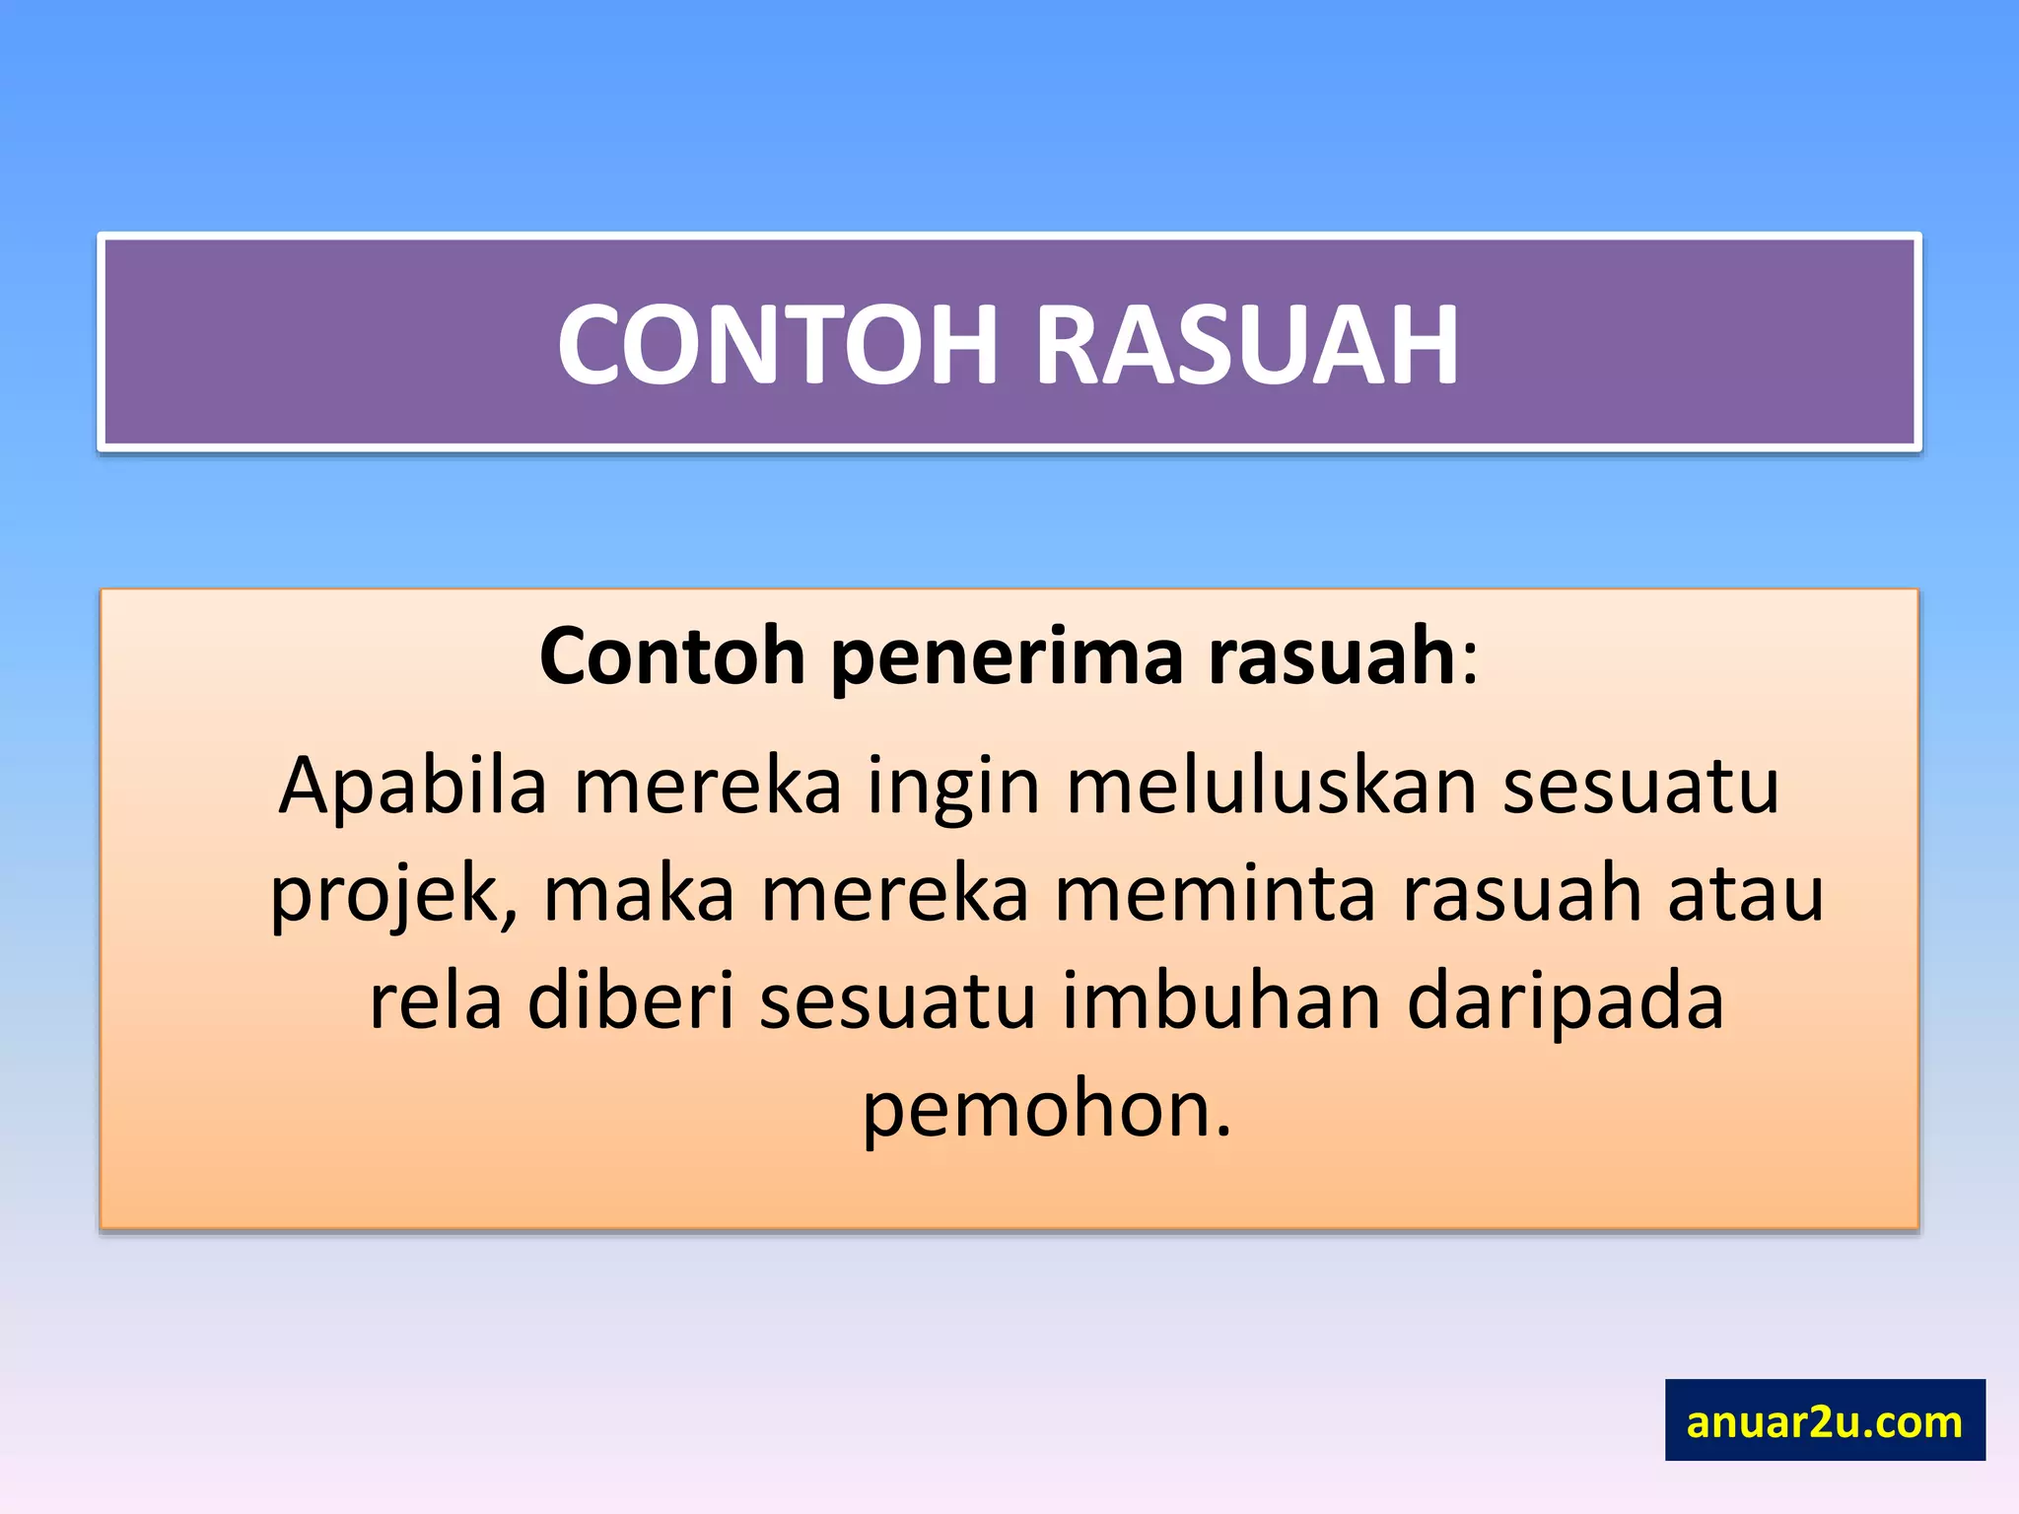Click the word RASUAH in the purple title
(1246, 345)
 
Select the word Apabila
(412, 786)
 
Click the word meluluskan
(1272, 786)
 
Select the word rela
(435, 1001)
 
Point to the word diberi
(631, 1001)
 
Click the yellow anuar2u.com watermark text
(1824, 1421)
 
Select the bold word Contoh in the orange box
(672, 656)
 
